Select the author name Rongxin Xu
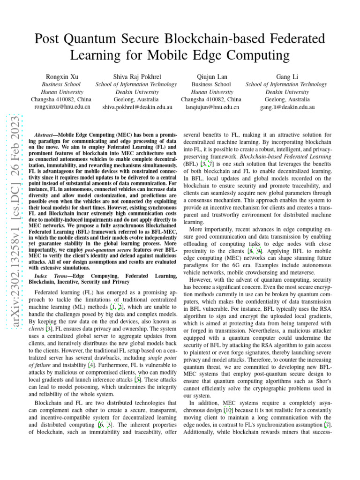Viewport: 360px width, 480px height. tap(61, 76)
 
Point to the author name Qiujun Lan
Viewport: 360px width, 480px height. tap(210, 76)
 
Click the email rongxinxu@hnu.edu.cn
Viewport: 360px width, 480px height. tap(61, 107)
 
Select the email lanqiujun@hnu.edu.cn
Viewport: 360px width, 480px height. tap(211, 107)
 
